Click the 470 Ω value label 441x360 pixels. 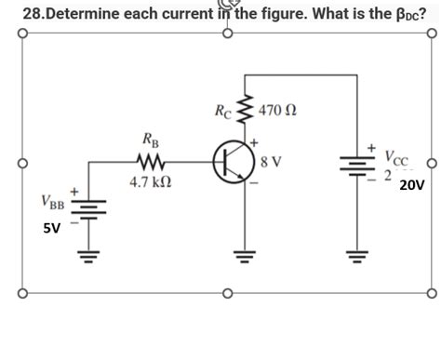[277, 112]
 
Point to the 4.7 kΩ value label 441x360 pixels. [147, 184]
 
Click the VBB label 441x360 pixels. [54, 203]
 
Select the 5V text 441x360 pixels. [52, 228]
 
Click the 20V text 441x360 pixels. [411, 185]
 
